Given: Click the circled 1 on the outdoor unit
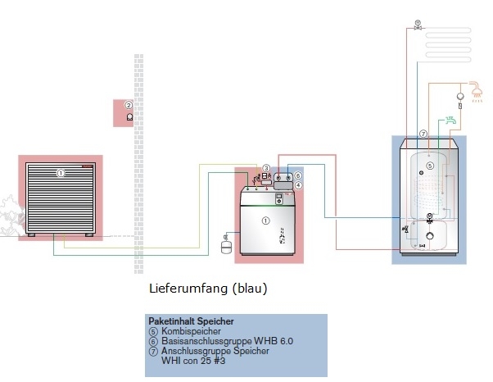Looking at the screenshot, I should click(x=60, y=173).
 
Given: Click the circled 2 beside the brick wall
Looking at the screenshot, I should click(x=129, y=106).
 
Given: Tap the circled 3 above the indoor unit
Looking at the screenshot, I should click(x=266, y=168).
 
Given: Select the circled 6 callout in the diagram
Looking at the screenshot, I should click(x=298, y=175).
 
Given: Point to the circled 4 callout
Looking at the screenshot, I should click(x=298, y=186).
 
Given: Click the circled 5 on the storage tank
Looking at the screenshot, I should click(x=429, y=166).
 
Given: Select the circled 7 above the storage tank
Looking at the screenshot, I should click(x=423, y=133).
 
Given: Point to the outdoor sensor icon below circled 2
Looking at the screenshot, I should click(x=129, y=117).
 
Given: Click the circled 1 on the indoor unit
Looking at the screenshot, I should click(x=265, y=221).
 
